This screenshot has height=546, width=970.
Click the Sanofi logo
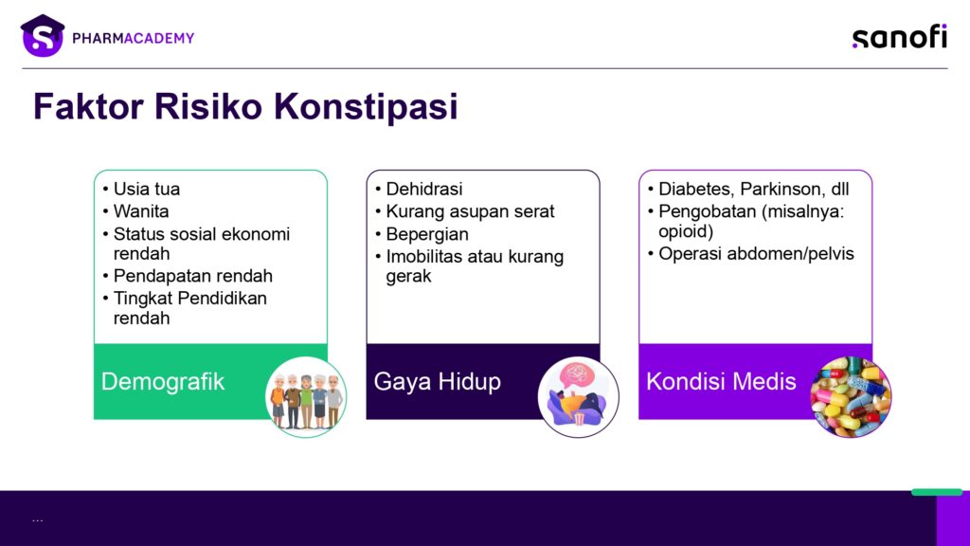pos(900,37)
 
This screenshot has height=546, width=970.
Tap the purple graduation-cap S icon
pos(42,36)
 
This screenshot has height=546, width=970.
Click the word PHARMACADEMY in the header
pos(133,38)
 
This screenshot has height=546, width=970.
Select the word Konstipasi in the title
pos(366,106)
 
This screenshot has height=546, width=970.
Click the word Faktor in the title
pos(88,106)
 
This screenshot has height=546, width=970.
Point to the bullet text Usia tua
pos(147,189)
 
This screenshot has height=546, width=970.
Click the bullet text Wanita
pos(141,211)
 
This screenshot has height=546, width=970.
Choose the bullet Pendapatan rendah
pos(193,276)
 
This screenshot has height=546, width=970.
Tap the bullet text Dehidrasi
pos(424,189)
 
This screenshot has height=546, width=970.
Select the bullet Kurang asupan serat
pos(470,211)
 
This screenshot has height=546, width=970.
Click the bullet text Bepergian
pos(427,235)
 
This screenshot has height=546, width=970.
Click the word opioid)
pos(686,231)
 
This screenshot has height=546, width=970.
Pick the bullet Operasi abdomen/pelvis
pos(756,254)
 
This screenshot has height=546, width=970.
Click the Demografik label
pos(163,381)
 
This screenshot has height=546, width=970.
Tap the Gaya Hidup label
pos(438,381)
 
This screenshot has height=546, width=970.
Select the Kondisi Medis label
pos(721,381)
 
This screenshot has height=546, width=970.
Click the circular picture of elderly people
pos(306,397)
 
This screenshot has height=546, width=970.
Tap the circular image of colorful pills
pos(851,397)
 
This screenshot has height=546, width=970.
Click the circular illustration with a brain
pos(579,397)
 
